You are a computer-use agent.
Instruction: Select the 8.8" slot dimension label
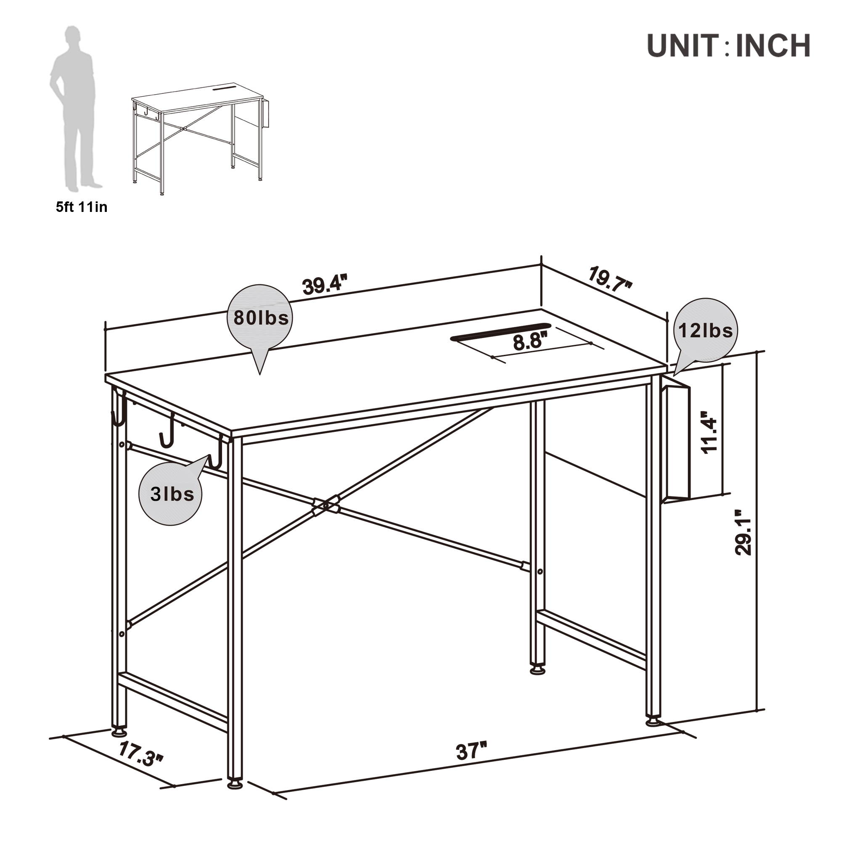tap(530, 341)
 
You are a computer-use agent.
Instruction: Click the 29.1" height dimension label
tap(743, 532)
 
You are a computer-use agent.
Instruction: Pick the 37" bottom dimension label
tap(471, 751)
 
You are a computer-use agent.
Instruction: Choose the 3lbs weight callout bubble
tap(171, 494)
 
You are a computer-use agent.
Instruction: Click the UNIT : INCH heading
tap(728, 45)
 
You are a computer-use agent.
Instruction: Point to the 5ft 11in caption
tap(82, 207)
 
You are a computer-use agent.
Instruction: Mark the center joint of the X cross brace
tap(325, 506)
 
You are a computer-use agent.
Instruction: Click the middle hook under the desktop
tap(167, 431)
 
